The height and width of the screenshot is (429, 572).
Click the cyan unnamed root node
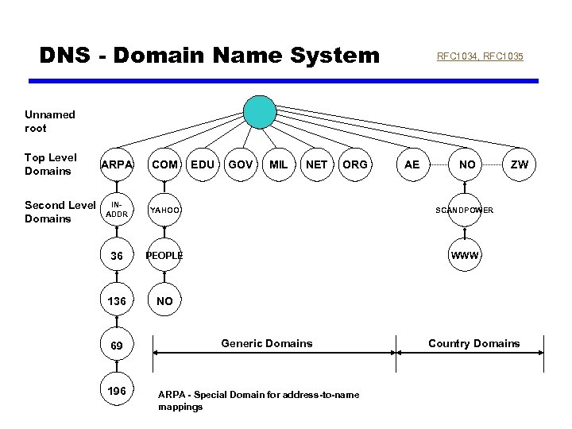click(260, 112)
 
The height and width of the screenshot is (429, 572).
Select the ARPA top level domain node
click(116, 164)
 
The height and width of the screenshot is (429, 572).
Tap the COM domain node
click(164, 164)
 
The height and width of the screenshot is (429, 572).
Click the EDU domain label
click(203, 164)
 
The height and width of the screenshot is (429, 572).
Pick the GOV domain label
click(240, 164)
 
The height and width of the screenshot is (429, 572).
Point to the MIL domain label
click(278, 164)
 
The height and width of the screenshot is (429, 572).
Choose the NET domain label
click(316, 164)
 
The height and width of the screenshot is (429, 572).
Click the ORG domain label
click(354, 164)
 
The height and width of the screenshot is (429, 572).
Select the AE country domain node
click(412, 164)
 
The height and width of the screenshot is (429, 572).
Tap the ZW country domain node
click(519, 164)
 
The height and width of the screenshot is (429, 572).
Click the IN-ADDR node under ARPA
click(116, 210)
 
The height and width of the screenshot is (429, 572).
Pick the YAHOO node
click(164, 210)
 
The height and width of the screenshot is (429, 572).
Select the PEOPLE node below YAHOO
click(164, 256)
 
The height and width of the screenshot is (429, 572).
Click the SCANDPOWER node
click(464, 210)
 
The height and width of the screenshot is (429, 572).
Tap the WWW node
click(464, 256)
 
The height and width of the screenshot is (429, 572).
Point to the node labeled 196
click(116, 391)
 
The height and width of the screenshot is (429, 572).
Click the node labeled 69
click(116, 346)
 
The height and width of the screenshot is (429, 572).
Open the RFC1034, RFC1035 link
click(480, 56)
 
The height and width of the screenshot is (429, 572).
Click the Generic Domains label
click(266, 343)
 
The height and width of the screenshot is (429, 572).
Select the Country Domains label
click(473, 343)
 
